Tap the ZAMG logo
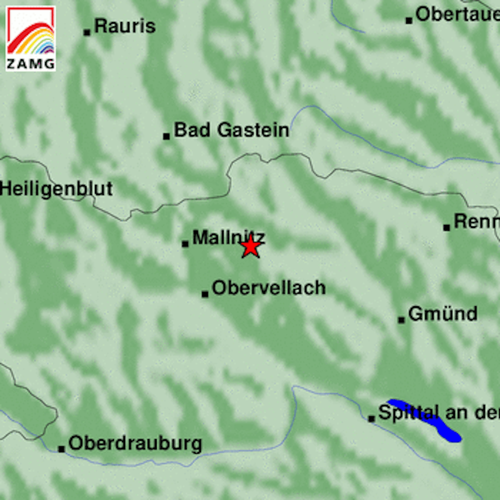click(31, 39)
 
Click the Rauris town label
click(124, 26)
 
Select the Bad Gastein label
click(231, 131)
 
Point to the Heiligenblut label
click(56, 189)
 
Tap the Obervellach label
click(269, 288)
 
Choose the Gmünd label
click(442, 314)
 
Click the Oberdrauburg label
click(135, 444)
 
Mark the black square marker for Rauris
click(87, 33)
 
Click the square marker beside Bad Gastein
click(166, 136)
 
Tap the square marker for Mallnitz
click(185, 244)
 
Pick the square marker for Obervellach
click(205, 294)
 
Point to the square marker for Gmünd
click(401, 320)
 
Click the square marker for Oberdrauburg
click(61, 449)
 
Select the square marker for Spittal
click(371, 419)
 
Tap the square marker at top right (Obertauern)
click(409, 20)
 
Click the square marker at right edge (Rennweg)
click(446, 227)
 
